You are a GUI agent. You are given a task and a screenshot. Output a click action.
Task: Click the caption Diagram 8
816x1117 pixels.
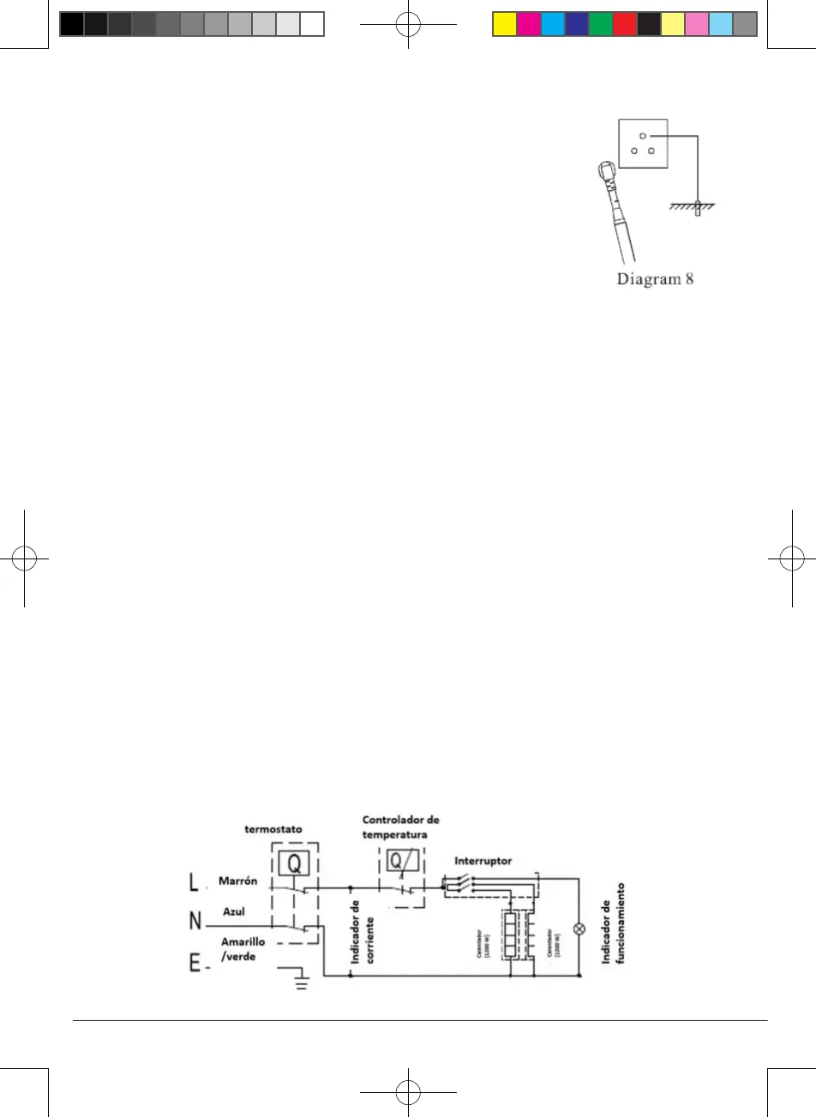tap(655, 280)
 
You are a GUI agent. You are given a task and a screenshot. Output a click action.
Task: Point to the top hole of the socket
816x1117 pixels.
tap(642, 135)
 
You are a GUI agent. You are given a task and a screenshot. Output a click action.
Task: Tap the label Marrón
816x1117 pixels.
tap(239, 881)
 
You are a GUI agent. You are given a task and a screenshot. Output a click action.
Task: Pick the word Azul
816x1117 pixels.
tap(234, 912)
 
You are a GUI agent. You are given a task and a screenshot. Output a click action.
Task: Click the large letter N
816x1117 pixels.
tap(195, 922)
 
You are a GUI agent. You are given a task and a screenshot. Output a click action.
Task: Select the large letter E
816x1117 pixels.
tap(195, 964)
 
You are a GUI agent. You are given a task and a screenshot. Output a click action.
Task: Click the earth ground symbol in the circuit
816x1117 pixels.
tap(301, 979)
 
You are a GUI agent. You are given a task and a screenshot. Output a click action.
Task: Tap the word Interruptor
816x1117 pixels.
tap(483, 859)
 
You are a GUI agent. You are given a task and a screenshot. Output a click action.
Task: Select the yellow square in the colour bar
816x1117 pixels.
tap(504, 24)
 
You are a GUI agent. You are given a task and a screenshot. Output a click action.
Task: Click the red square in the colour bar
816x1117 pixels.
tap(624, 24)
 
